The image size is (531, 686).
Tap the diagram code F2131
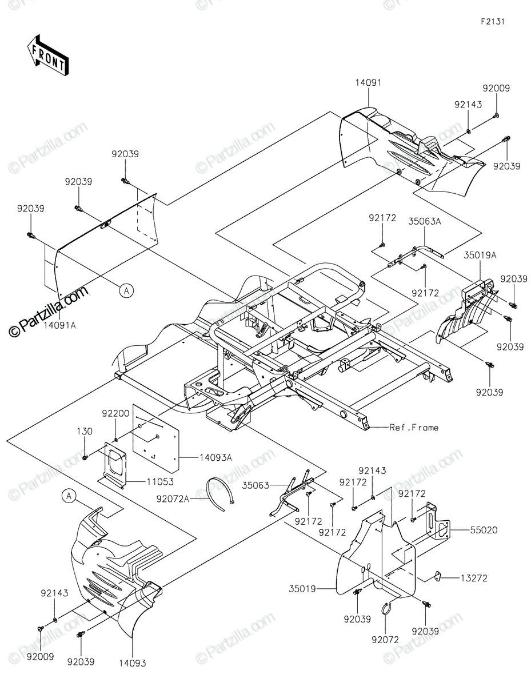coord(493,22)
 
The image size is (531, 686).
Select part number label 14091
coord(368,83)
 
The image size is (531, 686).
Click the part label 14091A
coord(59,325)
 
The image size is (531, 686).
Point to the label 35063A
coord(424,221)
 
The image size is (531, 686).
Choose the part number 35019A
coord(480,255)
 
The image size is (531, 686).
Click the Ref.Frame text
coord(414,428)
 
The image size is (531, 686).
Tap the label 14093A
coord(215,457)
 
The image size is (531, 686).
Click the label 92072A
coord(173,499)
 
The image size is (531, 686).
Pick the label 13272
coord(474,579)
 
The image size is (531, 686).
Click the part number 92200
coord(115,413)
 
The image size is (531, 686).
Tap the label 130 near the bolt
coord(85,431)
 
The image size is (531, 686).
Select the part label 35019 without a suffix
coord(302,589)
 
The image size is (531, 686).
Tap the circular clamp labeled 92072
coord(387,608)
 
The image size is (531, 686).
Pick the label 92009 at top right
coord(496,88)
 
